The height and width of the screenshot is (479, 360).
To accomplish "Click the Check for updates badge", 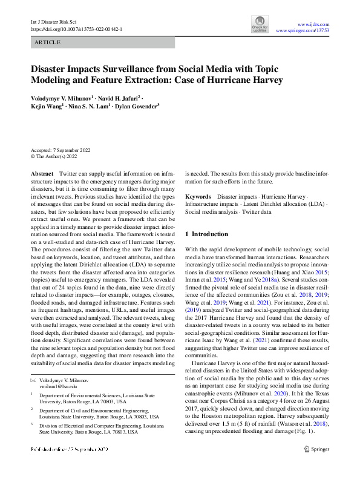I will coord(260,25).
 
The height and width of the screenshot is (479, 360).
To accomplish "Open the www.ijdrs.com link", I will coord(316,22).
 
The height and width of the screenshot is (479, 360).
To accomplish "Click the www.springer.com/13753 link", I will coord(302,30).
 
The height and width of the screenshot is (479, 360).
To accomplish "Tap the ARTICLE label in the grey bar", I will coord(48,42).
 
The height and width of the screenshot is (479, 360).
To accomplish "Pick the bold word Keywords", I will coord(198,197).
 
